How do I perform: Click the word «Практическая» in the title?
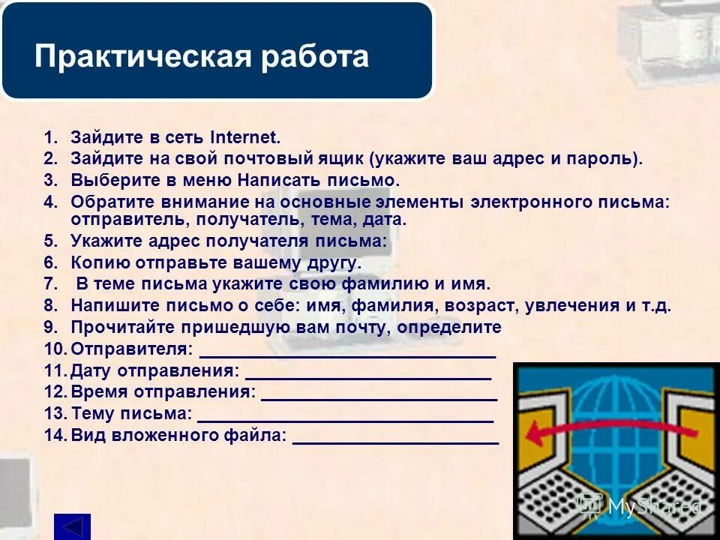click(x=142, y=58)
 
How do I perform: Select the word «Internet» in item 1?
click(x=244, y=137)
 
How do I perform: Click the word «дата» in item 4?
click(x=384, y=220)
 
